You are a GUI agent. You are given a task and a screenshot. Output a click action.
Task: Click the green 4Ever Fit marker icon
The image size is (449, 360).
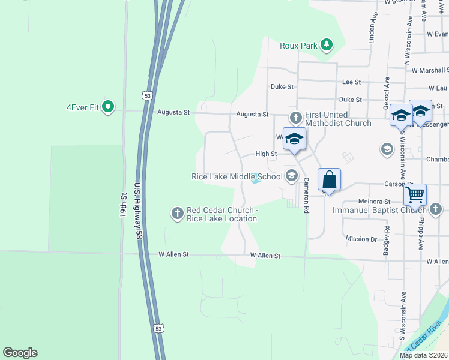108,107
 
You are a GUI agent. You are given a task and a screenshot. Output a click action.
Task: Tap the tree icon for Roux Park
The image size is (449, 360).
326,44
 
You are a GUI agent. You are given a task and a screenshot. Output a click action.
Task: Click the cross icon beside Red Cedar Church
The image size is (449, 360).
177,212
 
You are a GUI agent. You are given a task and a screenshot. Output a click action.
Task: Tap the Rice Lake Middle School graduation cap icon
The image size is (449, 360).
292,176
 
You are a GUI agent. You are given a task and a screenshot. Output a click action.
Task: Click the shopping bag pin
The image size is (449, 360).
329,179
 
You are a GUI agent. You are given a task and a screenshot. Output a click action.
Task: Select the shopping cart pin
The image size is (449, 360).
415,194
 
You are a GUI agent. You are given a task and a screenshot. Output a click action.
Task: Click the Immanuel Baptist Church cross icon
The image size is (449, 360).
436,209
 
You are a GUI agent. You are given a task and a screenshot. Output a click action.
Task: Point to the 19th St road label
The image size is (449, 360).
124,205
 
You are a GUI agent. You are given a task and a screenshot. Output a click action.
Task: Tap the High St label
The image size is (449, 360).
265,154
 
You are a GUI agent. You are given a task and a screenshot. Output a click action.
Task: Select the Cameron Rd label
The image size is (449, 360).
306,196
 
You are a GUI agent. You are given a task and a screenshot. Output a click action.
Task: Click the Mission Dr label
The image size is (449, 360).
361,239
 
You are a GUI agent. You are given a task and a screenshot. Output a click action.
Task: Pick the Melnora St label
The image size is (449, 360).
375,202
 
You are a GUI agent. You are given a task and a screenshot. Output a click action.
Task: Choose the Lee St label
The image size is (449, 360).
351,82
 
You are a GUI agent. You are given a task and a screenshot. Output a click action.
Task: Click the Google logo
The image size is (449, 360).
20,353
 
